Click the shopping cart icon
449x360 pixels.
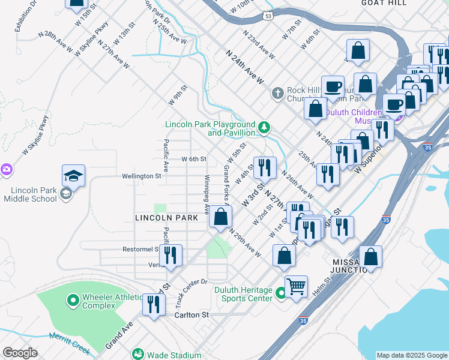pyautogui.click(x=296, y=286)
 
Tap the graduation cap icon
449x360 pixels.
pyautogui.click(x=73, y=175)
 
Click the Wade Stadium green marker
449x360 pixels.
pyautogui.click(x=138, y=354)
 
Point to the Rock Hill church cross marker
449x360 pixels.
pyautogui.click(x=277, y=93)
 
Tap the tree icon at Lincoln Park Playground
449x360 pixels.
pyautogui.click(x=264, y=127)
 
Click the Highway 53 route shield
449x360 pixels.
pyautogui.click(x=268, y=14)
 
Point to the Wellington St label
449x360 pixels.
pyautogui.click(x=142, y=176)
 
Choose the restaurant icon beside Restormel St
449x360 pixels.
pyautogui.click(x=171, y=255)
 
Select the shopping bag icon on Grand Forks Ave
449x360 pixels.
pyautogui.click(x=221, y=217)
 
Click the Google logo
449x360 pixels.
pyautogui.click(x=20, y=353)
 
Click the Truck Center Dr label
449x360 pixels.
pyautogui.click(x=191, y=290)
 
